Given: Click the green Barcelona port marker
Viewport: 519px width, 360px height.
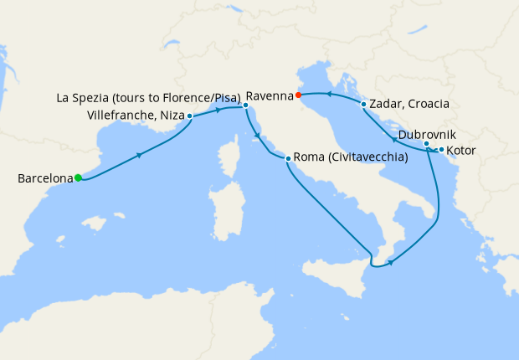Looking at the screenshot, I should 78,177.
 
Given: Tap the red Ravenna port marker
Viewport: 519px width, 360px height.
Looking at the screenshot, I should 299,95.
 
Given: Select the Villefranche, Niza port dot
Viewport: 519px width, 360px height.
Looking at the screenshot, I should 190,116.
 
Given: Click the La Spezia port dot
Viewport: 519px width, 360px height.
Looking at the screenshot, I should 244,105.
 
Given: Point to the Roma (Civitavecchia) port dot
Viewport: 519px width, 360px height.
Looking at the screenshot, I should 288,158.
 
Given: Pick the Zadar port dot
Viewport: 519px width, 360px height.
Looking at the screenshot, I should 362,105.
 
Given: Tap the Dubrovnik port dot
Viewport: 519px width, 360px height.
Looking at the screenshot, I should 426,144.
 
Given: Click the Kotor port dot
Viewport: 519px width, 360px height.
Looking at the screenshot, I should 441,150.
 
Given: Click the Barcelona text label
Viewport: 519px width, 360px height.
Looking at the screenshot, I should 44,178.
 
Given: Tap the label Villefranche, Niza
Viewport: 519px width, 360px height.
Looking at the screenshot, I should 136,116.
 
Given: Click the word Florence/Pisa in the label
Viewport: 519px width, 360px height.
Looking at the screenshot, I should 203,96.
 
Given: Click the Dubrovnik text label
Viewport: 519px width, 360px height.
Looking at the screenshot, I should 427,134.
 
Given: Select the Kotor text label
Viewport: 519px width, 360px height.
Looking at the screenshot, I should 463,151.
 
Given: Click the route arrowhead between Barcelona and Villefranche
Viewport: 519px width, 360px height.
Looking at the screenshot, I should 138,154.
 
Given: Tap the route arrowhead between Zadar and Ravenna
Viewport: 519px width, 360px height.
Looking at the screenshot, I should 329,95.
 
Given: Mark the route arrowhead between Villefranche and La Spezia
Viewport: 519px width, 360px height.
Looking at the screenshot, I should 219,109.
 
